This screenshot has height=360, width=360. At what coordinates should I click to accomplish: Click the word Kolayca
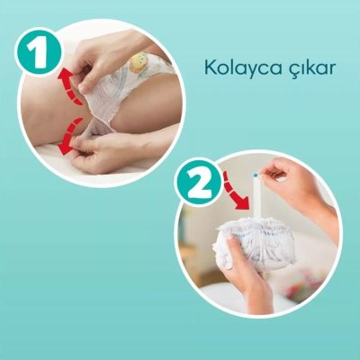click(238, 68)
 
